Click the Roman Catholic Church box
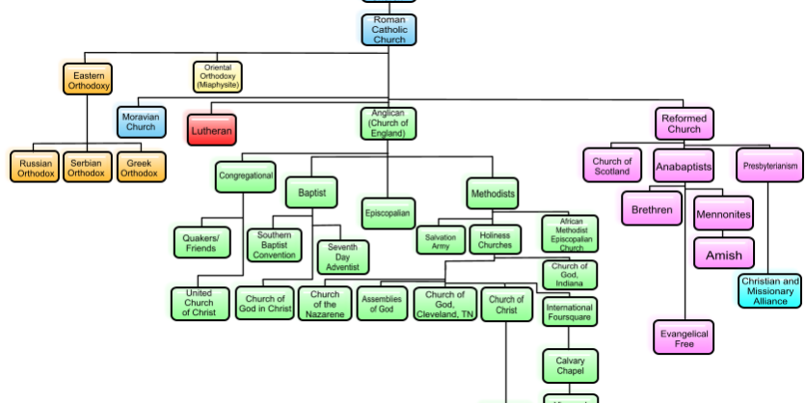click(390, 29)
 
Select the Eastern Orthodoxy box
click(89, 79)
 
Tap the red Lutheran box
click(211, 129)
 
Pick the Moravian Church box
click(141, 121)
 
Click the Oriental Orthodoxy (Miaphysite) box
click(217, 76)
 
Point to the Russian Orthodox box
click(37, 168)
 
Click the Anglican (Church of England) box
click(390, 123)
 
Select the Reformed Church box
click(685, 123)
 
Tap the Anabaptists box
click(684, 167)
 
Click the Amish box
click(724, 255)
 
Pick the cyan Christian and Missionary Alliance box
click(770, 291)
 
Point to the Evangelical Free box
click(685, 338)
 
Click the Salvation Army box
click(440, 241)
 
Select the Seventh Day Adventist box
click(342, 257)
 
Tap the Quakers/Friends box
click(201, 242)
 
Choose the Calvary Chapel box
click(570, 366)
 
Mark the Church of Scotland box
click(612, 166)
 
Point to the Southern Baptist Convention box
click(275, 245)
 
